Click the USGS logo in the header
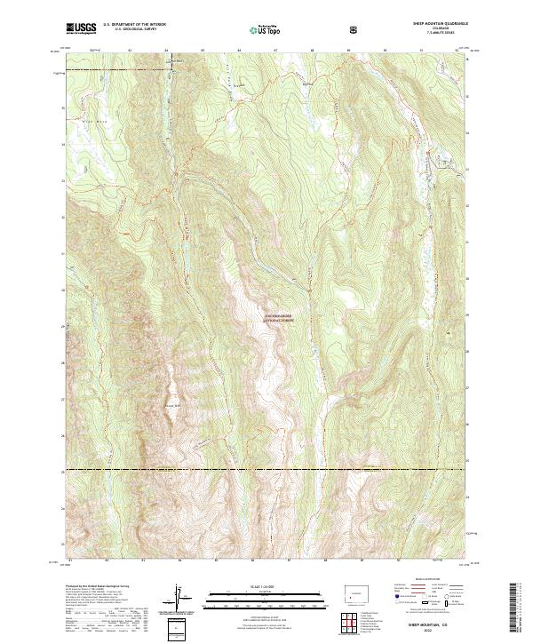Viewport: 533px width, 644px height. coord(80,28)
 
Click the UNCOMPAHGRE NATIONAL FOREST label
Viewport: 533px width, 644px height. coord(278,316)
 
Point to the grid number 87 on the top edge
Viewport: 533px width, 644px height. coord(275,50)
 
